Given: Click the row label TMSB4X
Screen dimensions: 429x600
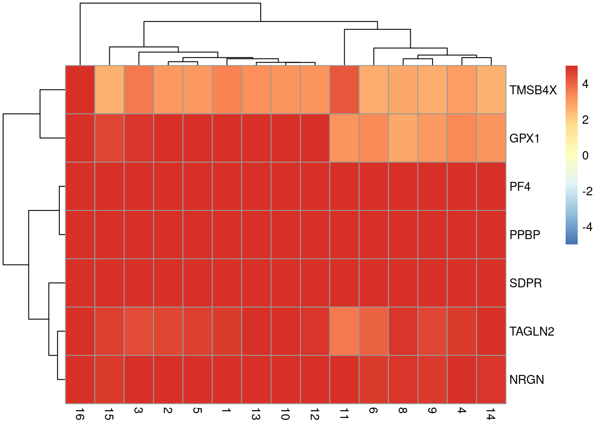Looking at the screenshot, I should tap(533, 90).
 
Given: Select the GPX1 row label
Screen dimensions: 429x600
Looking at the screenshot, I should tap(524, 139).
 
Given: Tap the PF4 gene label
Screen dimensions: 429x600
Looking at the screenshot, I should tap(520, 187).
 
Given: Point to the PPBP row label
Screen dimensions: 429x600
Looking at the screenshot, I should tap(525, 235).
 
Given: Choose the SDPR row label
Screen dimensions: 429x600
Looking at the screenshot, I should tap(525, 283).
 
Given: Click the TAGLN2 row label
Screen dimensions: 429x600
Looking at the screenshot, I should tap(531, 332).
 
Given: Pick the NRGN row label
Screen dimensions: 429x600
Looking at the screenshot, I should tap(526, 380).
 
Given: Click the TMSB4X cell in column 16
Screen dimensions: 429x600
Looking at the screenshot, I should tap(80, 89).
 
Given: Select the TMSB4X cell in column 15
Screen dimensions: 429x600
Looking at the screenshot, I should tap(109, 89).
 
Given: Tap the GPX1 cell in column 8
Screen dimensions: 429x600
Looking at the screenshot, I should tap(403, 138).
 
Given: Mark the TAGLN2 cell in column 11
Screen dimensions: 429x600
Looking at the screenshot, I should tap(344, 331).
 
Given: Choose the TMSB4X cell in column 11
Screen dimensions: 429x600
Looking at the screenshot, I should tap(344, 89).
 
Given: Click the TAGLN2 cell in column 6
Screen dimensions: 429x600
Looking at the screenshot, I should tap(374, 331).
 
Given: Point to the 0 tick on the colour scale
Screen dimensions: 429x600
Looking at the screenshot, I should tap(585, 156).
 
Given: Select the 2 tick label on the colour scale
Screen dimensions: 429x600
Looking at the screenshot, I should tap(585, 120).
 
